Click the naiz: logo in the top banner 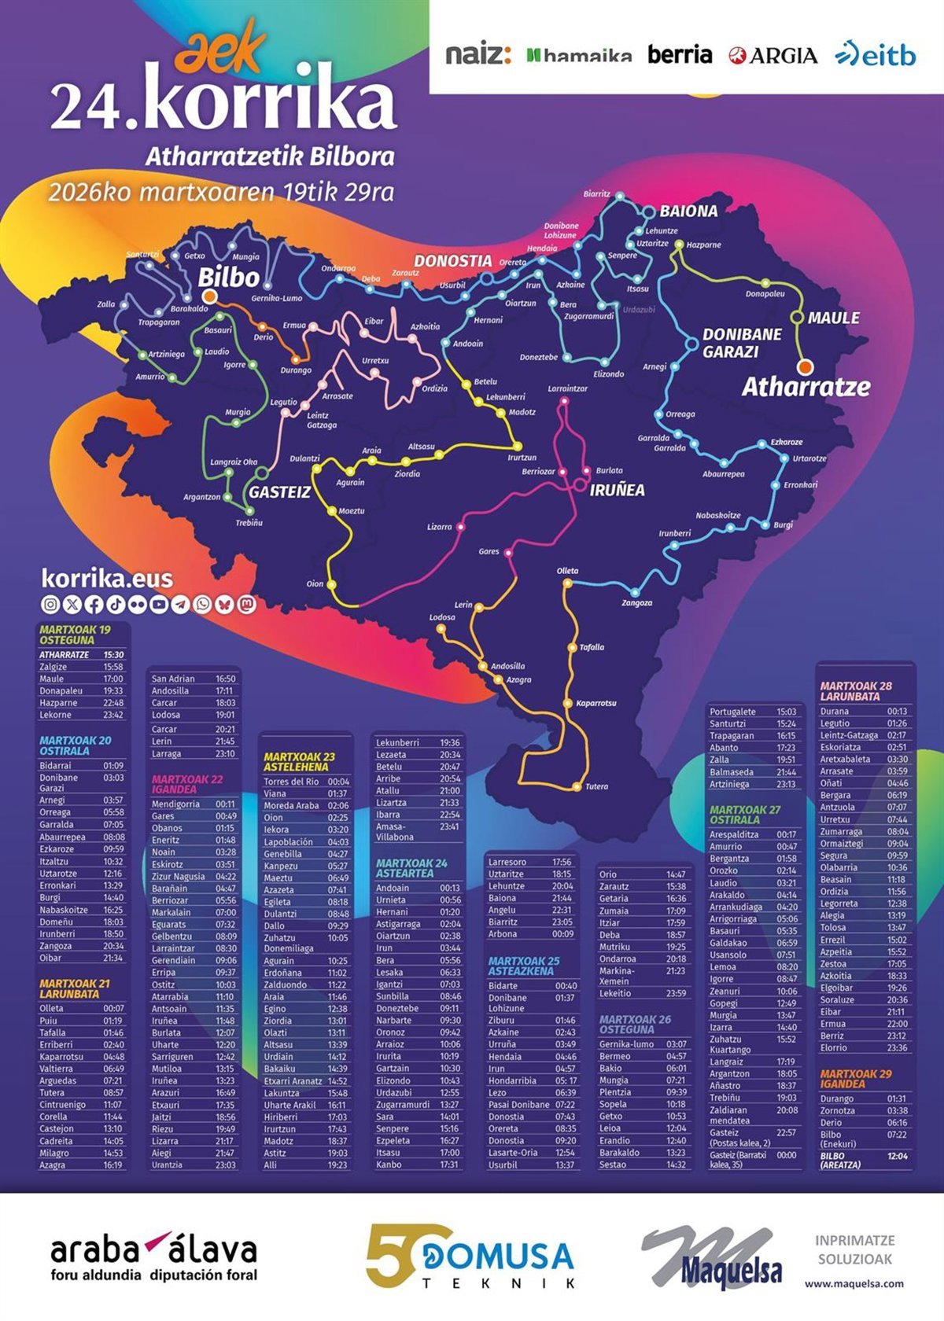pyautogui.click(x=478, y=54)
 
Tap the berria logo pyautogui.click(x=680, y=54)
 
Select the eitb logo pyautogui.click(x=875, y=54)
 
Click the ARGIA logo pyautogui.click(x=773, y=55)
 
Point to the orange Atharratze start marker pyautogui.click(x=804, y=366)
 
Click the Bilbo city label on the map pyautogui.click(x=228, y=277)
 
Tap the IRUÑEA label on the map pyautogui.click(x=617, y=490)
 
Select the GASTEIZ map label pyautogui.click(x=279, y=492)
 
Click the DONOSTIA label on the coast pyautogui.click(x=452, y=261)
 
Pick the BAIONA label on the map pyautogui.click(x=688, y=211)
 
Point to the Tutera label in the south pyautogui.click(x=596, y=786)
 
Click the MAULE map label pyautogui.click(x=833, y=318)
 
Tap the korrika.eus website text pyautogui.click(x=106, y=579)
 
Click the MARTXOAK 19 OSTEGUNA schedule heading pyautogui.click(x=75, y=635)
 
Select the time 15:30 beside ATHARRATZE pyautogui.click(x=113, y=654)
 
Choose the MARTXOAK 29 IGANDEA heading pyautogui.click(x=856, y=1078)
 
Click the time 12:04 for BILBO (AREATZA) pyautogui.click(x=897, y=1156)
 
